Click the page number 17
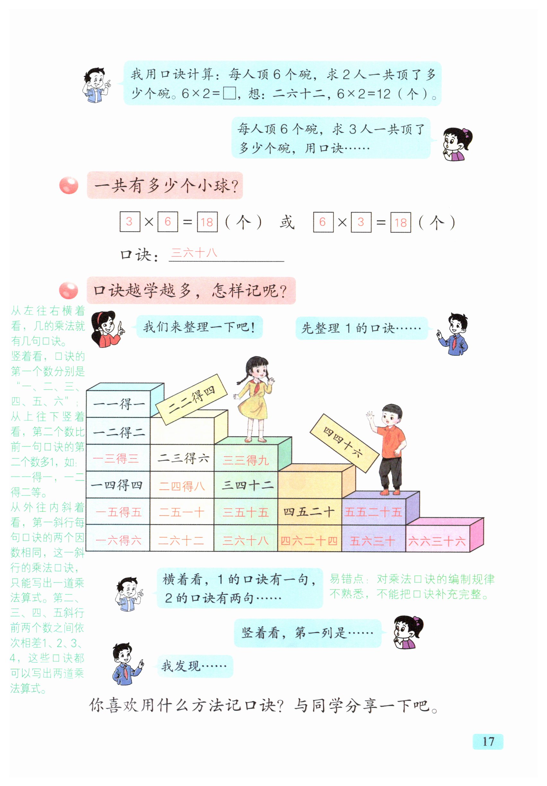pyautogui.click(x=488, y=741)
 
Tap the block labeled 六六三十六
pyautogui.click(x=437, y=541)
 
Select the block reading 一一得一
pyautogui.click(x=118, y=404)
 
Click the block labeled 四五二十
pyautogui.click(x=309, y=512)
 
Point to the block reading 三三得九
pyautogui.click(x=246, y=460)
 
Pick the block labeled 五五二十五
pyautogui.click(x=373, y=512)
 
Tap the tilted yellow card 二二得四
pyautogui.click(x=191, y=399)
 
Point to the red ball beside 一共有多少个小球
pyautogui.click(x=69, y=186)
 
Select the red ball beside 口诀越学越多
pyautogui.click(x=68, y=291)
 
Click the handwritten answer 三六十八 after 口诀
pyautogui.click(x=194, y=253)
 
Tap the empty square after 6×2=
pyautogui.click(x=229, y=93)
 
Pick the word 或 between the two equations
pyautogui.click(x=287, y=222)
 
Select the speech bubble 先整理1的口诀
pyautogui.click(x=361, y=328)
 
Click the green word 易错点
pyautogui.click(x=346, y=579)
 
